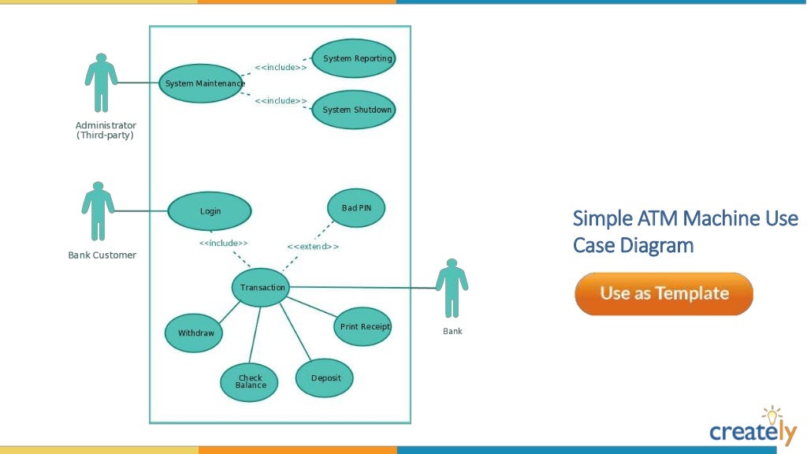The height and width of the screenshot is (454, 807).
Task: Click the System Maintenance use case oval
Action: tap(201, 83)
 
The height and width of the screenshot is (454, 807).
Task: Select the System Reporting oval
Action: tap(353, 58)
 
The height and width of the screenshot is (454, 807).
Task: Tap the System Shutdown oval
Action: tap(353, 110)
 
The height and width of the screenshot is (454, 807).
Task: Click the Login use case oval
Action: tap(210, 211)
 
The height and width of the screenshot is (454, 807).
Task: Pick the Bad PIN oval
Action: tap(356, 208)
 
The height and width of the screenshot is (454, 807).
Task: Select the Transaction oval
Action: tap(262, 288)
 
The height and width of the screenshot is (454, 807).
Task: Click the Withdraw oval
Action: tap(194, 333)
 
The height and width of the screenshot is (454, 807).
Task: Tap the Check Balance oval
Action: tap(250, 381)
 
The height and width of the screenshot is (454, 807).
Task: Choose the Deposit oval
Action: tap(325, 378)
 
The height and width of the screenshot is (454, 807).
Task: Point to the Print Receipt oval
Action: tap(363, 326)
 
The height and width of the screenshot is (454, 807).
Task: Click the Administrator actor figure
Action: tap(101, 83)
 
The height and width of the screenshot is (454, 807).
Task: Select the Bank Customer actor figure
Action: tap(98, 211)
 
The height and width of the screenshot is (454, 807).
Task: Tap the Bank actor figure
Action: tap(452, 288)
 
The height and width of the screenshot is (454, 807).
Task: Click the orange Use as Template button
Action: tap(664, 294)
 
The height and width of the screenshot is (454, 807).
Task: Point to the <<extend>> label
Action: tap(313, 247)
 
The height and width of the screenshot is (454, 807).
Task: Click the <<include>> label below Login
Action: tap(223, 243)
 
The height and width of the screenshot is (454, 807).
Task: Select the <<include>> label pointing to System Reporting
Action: tap(281, 67)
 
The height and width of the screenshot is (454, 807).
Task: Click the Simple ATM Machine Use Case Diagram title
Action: tap(685, 231)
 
